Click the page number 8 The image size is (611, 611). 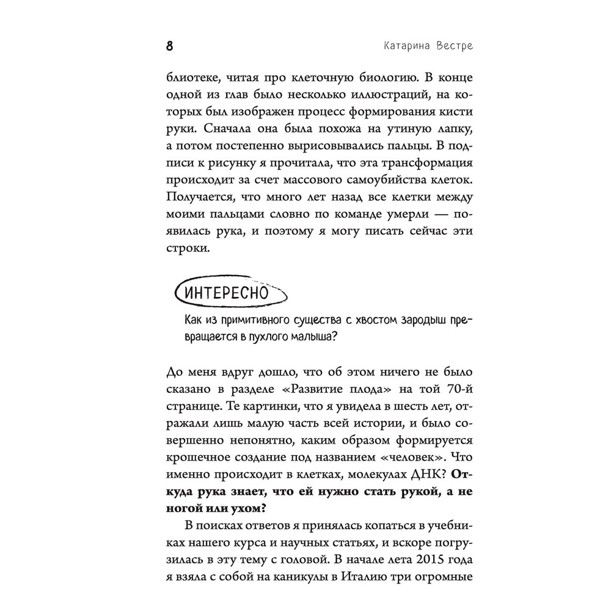170,46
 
